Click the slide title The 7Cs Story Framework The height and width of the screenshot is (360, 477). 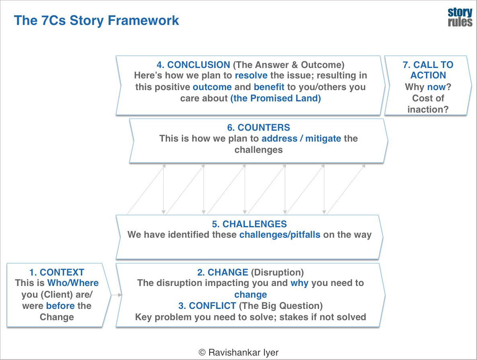coord(97,21)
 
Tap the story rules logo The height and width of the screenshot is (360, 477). coord(460,17)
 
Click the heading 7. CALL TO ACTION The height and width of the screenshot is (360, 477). coord(428,70)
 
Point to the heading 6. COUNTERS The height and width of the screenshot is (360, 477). coord(258,128)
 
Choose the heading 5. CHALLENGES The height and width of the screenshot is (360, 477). coord(249,224)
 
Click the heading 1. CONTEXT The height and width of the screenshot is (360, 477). coord(57,273)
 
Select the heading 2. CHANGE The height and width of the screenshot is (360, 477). coord(222,273)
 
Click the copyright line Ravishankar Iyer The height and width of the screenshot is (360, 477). coord(238,352)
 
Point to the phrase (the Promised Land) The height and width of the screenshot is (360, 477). coord(276,99)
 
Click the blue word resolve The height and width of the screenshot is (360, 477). coord(251,76)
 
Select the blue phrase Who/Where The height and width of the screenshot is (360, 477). coord(73,283)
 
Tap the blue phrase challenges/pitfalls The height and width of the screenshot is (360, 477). coord(280,235)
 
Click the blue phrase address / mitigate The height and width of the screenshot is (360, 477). coord(301,139)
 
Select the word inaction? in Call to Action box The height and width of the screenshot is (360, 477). coord(428,109)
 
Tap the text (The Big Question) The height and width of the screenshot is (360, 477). coord(281,306)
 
